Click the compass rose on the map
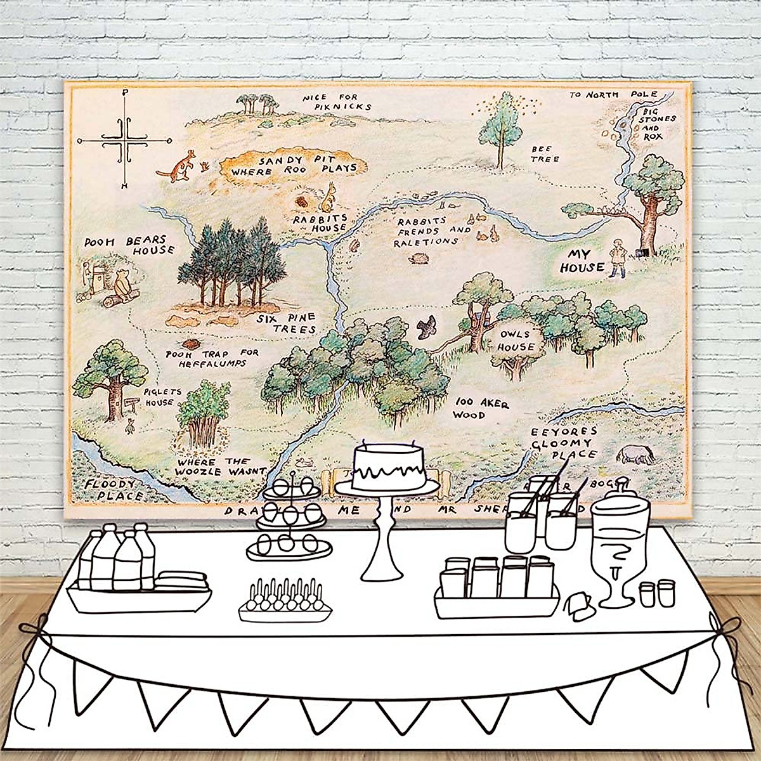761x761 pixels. pos(124,140)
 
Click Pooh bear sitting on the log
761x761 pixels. pos(124,284)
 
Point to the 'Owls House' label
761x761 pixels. pos(516,341)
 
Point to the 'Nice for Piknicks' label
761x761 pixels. pos(335,101)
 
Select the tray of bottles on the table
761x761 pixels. pos(140,577)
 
